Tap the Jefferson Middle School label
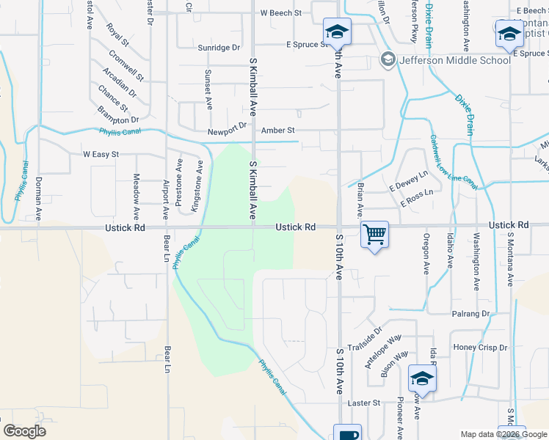coord(454,60)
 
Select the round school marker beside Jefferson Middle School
coord(388,59)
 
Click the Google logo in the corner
coord(24,431)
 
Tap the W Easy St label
coord(101,155)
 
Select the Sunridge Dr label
coord(219,48)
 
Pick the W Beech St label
coord(281,13)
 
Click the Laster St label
coord(364,403)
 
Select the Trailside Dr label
coord(366,340)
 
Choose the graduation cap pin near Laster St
coord(422,378)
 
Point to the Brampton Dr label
coord(118,115)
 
